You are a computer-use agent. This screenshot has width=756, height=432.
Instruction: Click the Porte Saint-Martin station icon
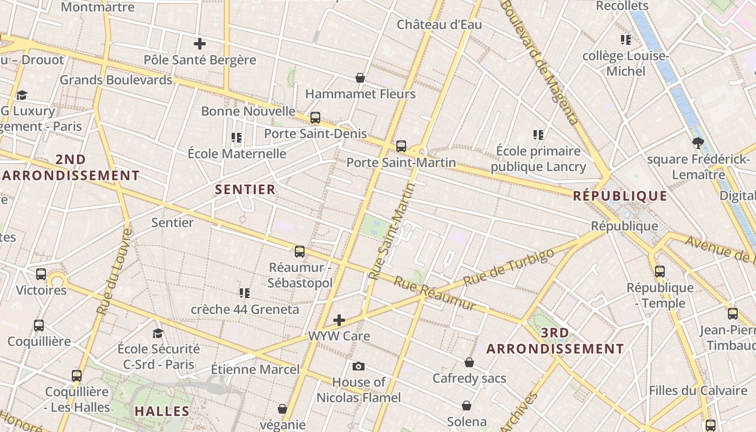[x=401, y=146]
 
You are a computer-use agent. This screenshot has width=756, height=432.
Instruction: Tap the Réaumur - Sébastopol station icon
[x=300, y=252]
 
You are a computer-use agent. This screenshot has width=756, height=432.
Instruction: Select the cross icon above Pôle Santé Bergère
[x=200, y=44]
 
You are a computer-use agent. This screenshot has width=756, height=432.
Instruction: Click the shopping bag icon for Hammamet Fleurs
[x=360, y=78]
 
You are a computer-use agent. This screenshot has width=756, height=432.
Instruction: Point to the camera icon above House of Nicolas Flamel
[x=358, y=367]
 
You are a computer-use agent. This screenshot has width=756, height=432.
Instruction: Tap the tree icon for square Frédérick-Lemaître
[x=698, y=143]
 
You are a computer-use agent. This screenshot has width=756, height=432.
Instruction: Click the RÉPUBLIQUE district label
[x=620, y=196]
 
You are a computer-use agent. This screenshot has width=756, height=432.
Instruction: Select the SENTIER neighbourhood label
[x=245, y=190]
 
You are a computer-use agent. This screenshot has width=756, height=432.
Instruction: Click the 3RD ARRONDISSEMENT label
[x=555, y=341]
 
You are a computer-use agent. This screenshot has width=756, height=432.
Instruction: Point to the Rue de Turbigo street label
[x=509, y=268]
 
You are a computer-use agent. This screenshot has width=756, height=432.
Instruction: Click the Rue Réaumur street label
[x=435, y=294]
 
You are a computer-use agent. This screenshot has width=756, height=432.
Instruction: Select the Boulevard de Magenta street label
[x=540, y=62]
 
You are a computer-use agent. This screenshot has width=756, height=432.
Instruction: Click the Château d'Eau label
[x=439, y=25]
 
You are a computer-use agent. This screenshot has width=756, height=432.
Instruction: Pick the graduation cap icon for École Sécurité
[x=158, y=333]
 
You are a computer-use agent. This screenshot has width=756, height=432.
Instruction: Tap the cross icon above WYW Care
[x=339, y=320]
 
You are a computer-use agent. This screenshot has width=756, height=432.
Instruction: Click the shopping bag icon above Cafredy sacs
[x=469, y=362]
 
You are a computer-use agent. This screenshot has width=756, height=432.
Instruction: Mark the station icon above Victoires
[x=41, y=274]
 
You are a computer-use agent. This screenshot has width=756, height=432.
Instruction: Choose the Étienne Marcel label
[x=255, y=369]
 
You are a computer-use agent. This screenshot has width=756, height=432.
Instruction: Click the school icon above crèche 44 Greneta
[x=245, y=293]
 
